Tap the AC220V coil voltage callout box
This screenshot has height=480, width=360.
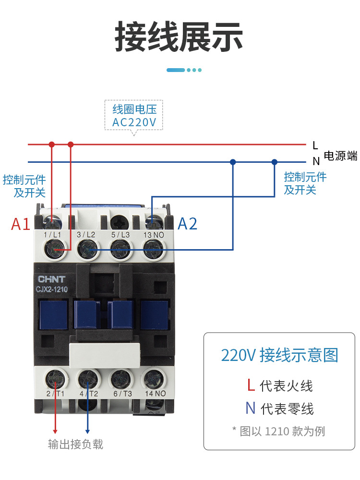click(x=134, y=115)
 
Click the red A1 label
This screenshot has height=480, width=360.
click(x=21, y=224)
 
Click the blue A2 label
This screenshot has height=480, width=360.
click(x=188, y=224)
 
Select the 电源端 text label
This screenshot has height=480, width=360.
click(x=340, y=156)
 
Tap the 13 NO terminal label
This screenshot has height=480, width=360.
click(x=154, y=235)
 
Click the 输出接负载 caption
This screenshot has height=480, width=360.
click(x=75, y=444)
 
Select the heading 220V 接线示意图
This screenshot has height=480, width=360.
click(x=279, y=355)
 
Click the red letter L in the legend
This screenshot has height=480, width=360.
click(x=251, y=385)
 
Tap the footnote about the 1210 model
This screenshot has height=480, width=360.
click(x=279, y=431)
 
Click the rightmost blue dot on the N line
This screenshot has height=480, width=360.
click(x=275, y=162)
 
